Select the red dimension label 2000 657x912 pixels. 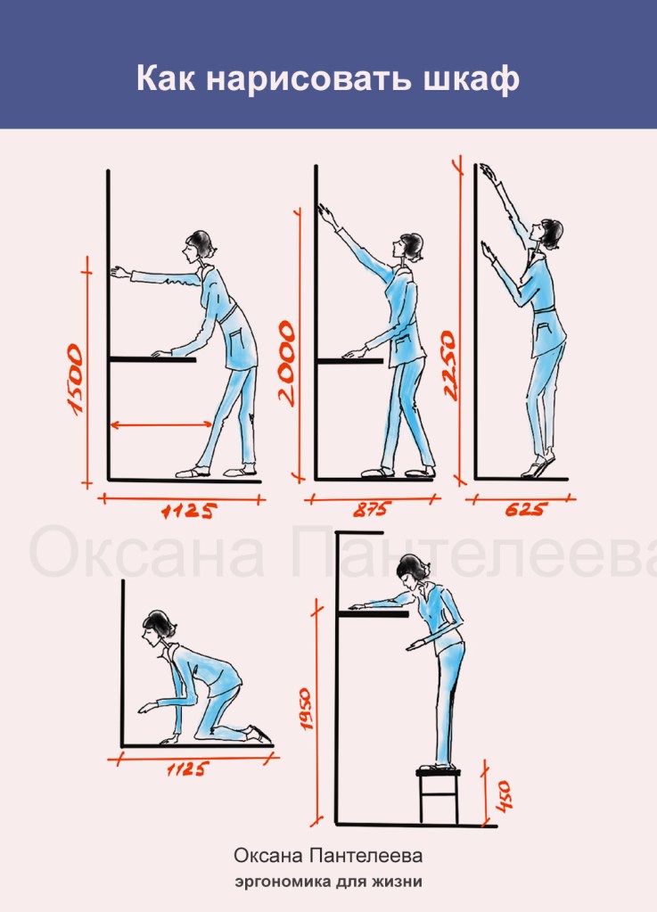[x=287, y=363]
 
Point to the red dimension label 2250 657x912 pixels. [x=449, y=366]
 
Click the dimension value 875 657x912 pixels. [x=371, y=510]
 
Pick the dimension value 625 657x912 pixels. [x=526, y=510]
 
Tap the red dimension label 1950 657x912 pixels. [x=306, y=709]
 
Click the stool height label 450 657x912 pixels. [x=502, y=796]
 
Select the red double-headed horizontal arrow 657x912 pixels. [x=161, y=425]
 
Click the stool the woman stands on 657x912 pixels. [x=439, y=795]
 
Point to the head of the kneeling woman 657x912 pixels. [x=158, y=628]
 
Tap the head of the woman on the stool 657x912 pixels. [x=412, y=571]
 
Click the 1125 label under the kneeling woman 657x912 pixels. [x=186, y=769]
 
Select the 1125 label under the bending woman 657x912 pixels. [x=189, y=511]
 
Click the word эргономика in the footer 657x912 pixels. [x=282, y=882]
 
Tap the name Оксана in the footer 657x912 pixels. [x=268, y=856]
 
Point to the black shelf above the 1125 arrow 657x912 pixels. [x=153, y=359]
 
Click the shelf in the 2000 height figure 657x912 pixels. [x=350, y=361]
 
